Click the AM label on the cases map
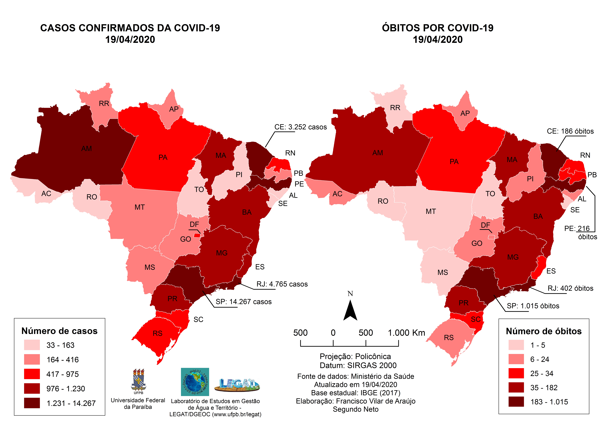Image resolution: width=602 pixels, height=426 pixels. click(x=87, y=149)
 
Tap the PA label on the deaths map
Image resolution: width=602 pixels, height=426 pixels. click(x=454, y=162)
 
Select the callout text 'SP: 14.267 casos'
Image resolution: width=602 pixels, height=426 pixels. click(x=244, y=302)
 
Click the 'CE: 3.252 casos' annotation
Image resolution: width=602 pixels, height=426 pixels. click(x=300, y=127)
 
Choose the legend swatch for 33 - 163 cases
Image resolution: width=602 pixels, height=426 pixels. click(x=32, y=345)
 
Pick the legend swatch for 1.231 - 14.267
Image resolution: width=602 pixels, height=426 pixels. click(x=32, y=403)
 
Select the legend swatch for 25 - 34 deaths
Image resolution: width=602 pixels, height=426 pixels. click(x=516, y=373)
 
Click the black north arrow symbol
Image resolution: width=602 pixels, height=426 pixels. click(x=350, y=311)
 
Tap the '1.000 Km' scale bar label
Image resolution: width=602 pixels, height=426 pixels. click(x=406, y=333)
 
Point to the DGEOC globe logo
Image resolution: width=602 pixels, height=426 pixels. click(x=195, y=382)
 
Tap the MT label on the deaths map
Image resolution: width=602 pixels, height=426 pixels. click(x=431, y=212)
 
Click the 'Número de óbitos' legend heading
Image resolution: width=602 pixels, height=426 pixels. click(x=544, y=331)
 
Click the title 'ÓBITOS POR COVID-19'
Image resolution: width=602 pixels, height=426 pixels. click(x=438, y=28)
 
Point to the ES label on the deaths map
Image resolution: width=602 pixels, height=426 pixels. click(x=551, y=271)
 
